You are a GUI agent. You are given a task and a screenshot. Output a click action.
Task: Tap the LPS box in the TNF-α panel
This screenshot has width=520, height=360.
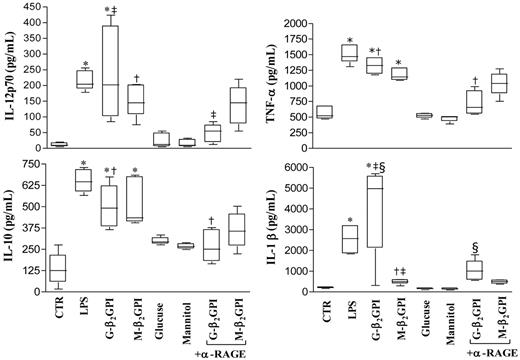pos(347,53)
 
